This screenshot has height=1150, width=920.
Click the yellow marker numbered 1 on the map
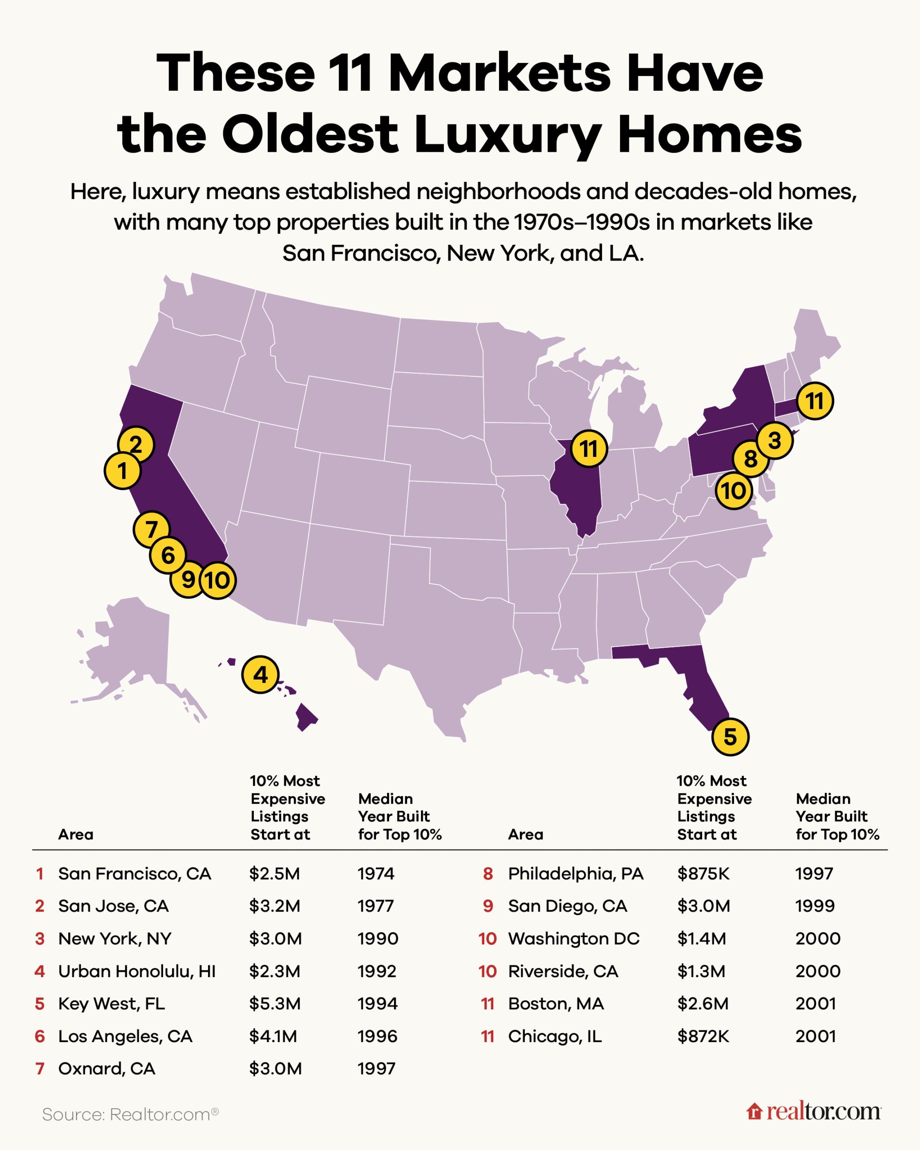pos(123,471)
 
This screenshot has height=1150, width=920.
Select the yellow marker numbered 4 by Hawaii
pos(260,675)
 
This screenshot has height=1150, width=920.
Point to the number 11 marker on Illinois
pos(589,449)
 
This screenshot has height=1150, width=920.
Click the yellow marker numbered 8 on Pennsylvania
pos(750,459)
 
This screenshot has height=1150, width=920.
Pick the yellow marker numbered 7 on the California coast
pos(151,530)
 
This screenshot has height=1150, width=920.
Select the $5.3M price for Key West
pos(274,1003)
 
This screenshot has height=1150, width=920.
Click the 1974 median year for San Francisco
pos(376,873)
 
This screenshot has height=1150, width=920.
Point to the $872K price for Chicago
pos(703,1036)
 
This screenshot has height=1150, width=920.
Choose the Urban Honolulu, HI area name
pos(137,971)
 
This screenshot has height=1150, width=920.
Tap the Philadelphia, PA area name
pos(575,873)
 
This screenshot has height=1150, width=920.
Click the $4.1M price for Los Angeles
pos(273,1036)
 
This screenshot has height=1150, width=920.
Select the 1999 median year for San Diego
pos(815,906)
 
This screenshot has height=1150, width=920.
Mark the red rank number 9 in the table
pos(488,906)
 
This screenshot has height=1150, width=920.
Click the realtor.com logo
pos(814,1112)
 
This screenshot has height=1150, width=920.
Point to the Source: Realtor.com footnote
pos(130,1114)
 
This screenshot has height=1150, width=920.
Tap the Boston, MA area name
pos(556,1003)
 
